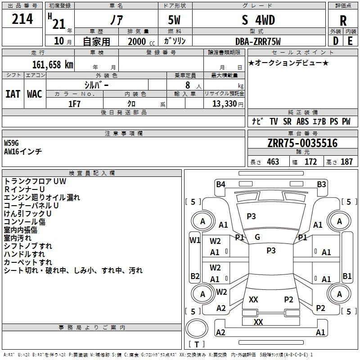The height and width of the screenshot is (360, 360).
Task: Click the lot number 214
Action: [22, 19]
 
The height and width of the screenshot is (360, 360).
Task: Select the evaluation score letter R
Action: [343, 21]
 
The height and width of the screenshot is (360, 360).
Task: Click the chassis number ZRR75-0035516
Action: [302, 144]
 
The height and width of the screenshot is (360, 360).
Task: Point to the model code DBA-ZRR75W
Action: [258, 41]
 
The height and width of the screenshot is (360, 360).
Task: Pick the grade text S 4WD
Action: [258, 20]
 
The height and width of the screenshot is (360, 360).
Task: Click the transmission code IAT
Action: [13, 94]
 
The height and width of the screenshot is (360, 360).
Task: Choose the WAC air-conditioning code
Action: [34, 94]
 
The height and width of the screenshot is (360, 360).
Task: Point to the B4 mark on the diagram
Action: [220, 184]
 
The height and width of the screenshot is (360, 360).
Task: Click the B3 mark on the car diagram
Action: [321, 184]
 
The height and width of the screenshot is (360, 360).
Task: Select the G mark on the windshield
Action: [257, 237]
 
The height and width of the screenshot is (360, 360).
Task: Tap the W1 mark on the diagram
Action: [194, 240]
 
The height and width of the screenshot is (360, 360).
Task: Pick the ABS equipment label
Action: [303, 121]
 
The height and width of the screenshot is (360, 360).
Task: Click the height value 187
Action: [346, 162]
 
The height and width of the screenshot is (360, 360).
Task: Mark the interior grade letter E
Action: [350, 41]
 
